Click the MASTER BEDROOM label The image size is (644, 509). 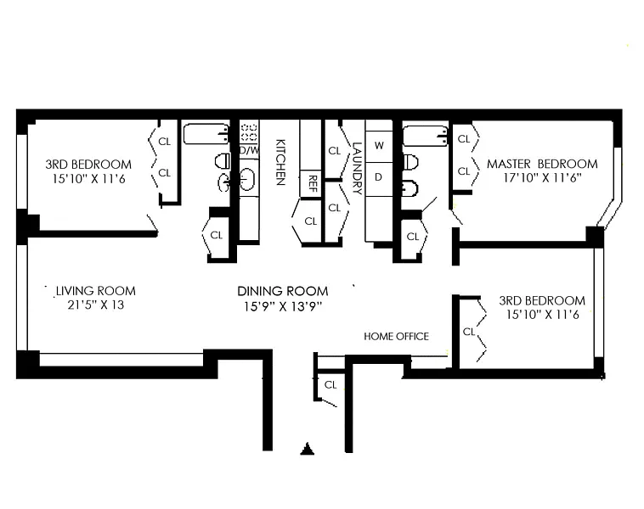[542, 164]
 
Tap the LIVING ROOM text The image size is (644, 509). [96, 291]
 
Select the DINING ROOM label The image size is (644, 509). [283, 291]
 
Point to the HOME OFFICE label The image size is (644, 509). [396, 336]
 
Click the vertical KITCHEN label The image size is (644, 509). [280, 162]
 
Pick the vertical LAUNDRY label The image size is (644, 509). [357, 168]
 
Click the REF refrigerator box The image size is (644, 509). [311, 184]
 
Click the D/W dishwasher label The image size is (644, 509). [249, 150]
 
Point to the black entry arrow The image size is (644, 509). [308, 449]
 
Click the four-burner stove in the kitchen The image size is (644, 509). [249, 132]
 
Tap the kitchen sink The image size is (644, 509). [248, 179]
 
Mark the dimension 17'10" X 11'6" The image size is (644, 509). [542, 178]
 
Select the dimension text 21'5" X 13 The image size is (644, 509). [96, 305]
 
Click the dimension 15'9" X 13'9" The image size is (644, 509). [283, 306]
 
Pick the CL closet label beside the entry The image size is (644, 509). [330, 385]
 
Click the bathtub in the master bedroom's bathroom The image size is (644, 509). [426, 136]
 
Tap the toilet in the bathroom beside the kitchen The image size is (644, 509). [223, 161]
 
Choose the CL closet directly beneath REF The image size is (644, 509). [311, 221]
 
